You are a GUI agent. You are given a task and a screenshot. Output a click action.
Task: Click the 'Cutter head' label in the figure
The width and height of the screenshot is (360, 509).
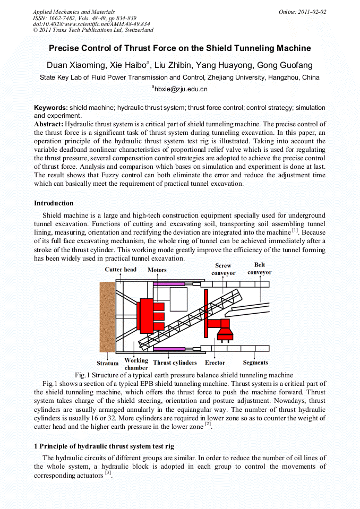coord(121,270)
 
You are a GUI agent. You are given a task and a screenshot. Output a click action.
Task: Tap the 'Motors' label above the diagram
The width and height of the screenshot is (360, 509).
coord(157,270)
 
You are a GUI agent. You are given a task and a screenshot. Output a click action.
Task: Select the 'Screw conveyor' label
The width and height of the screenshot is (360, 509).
coord(223,269)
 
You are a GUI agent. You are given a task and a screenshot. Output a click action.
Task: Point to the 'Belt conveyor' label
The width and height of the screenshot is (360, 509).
coord(259,268)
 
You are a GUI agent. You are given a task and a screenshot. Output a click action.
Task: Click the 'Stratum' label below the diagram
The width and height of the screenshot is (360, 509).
coord(108,364)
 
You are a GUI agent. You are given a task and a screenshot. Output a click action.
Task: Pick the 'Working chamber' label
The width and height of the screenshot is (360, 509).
coord(136,364)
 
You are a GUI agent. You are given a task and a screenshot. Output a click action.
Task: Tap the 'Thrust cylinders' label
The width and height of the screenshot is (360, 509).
coord(175,363)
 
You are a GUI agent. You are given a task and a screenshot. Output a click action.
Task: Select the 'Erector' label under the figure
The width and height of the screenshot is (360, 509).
coord(215,363)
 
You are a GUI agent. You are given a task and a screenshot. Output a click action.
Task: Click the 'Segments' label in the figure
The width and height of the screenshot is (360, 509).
coord(255,363)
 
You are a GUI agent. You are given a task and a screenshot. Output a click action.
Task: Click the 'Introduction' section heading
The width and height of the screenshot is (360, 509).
coord(54,203)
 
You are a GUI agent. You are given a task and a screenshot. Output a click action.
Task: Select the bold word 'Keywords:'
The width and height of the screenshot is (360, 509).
coord(51,108)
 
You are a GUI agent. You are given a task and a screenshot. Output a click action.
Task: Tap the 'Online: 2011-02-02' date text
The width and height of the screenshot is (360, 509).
coord(303,12)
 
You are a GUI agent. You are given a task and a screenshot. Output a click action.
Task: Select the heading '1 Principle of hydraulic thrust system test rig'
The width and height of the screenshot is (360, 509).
coord(104,446)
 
